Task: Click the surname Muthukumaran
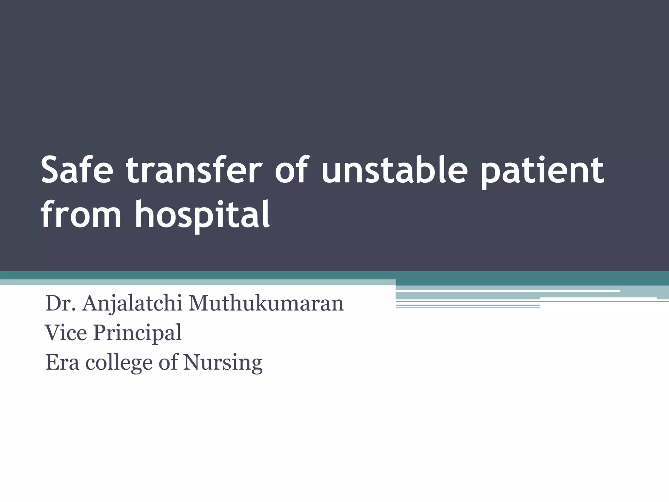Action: pos(266,303)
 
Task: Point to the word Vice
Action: pos(66,333)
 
